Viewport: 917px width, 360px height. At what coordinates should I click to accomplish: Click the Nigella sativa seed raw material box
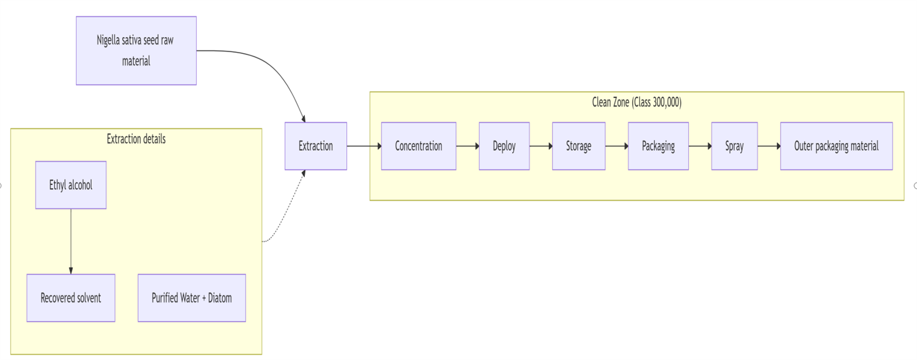click(136, 50)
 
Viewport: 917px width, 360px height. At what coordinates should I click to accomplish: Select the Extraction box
click(315, 146)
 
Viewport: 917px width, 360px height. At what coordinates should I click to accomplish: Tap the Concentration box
click(418, 146)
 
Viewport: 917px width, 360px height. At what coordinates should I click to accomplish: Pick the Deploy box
click(504, 146)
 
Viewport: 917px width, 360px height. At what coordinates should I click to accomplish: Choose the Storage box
click(578, 146)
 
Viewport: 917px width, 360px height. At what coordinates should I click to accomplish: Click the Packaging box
click(658, 146)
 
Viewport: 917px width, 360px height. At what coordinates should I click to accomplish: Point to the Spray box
click(734, 146)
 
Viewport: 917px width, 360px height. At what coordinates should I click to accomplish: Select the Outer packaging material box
click(836, 146)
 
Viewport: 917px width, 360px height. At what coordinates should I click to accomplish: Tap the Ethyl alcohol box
click(70, 185)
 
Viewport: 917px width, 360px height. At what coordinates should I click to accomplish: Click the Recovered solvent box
click(70, 298)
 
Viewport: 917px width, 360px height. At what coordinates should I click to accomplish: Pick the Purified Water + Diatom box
click(191, 298)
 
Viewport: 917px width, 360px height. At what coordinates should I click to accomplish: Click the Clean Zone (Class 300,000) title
click(637, 103)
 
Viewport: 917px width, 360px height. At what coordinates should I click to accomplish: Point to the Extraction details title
click(136, 139)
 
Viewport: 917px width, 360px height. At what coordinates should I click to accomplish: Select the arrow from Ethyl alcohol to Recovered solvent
click(71, 241)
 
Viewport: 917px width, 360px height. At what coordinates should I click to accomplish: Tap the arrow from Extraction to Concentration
click(363, 146)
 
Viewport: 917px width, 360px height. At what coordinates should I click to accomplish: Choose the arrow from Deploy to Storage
click(540, 146)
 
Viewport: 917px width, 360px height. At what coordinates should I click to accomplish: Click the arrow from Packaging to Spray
click(699, 146)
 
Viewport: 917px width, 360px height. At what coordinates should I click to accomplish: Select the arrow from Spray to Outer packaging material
click(769, 146)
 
